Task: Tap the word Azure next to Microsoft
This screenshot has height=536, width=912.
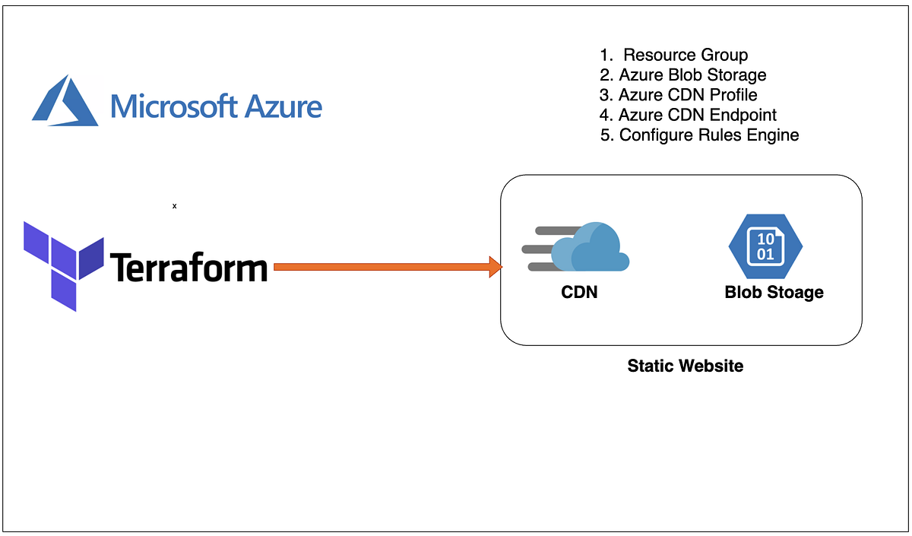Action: (283, 105)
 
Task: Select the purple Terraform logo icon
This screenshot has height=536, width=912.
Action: (62, 265)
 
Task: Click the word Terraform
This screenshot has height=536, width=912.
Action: (189, 268)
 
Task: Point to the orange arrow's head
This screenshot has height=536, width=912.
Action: (496, 267)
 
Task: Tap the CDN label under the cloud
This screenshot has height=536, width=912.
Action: (579, 292)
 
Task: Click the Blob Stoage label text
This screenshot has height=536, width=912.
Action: (774, 292)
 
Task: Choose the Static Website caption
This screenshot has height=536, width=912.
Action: (685, 366)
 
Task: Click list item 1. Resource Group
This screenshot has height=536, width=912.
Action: (674, 55)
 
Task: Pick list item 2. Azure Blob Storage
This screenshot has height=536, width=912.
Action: (682, 75)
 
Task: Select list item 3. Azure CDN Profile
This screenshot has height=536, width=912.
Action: (678, 95)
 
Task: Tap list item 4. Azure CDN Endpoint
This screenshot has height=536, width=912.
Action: (688, 115)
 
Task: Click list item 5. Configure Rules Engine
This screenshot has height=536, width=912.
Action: (699, 135)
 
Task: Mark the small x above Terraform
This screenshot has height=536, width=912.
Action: (174, 205)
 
